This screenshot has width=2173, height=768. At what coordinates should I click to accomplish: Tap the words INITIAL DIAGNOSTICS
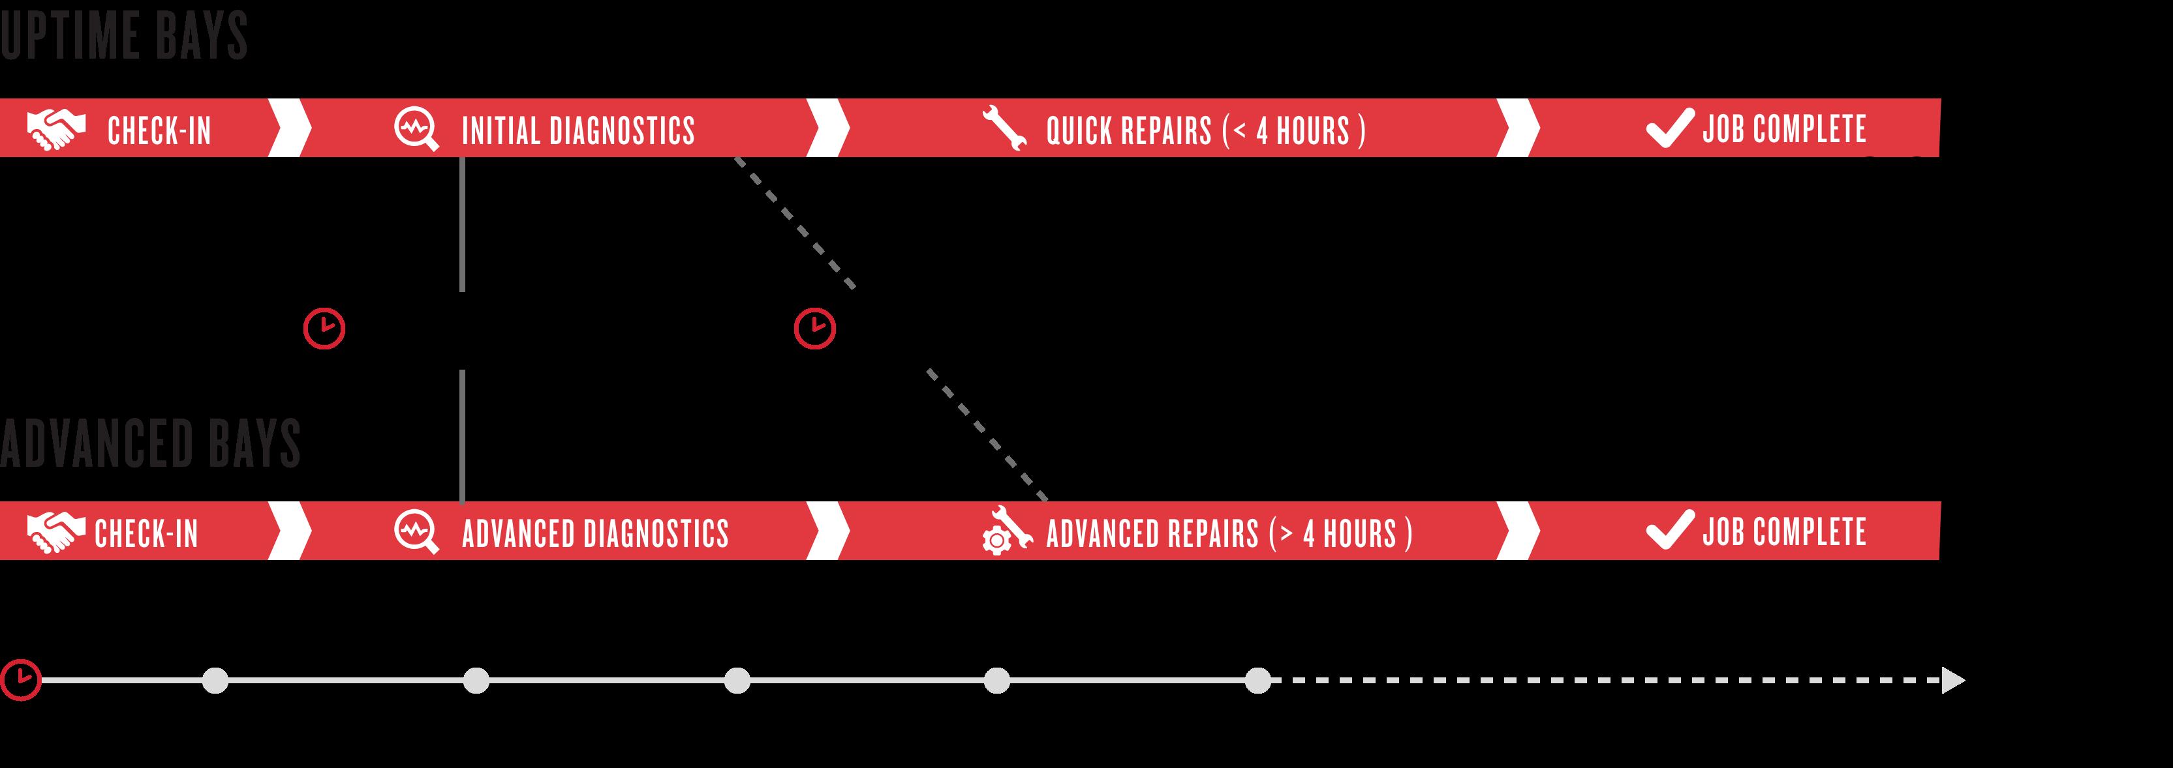[x=578, y=130]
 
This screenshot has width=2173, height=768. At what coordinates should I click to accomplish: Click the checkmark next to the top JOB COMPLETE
[x=1669, y=128]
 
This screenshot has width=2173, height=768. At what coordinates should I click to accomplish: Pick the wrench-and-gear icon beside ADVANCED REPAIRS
[x=1006, y=530]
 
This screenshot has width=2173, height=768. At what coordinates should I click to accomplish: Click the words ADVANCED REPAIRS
[x=1152, y=534]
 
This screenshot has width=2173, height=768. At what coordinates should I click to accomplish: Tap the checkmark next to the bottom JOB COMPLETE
[x=1669, y=530]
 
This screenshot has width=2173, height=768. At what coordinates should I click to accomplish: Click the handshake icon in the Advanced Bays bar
[x=55, y=532]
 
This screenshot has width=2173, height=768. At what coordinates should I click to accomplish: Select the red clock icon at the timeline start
[x=20, y=679]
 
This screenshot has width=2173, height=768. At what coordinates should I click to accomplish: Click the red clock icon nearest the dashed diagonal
[x=814, y=328]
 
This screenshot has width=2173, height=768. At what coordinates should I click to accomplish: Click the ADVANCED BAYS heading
[x=150, y=443]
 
